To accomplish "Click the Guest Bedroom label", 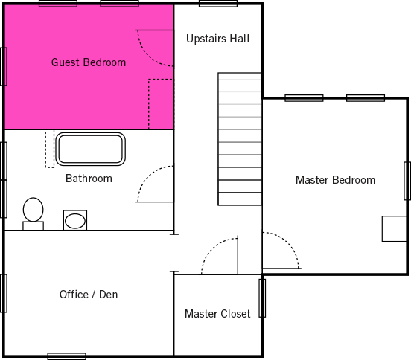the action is [x=89, y=62].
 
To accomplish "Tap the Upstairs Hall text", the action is [x=217, y=39].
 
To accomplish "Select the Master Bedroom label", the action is [x=335, y=180].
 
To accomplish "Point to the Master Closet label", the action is [x=217, y=314].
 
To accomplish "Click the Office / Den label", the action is [x=89, y=295].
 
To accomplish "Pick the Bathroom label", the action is [x=89, y=179].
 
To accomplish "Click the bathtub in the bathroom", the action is [x=90, y=149].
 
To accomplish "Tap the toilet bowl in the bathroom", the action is [x=33, y=210].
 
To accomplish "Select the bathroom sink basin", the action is [x=75, y=221].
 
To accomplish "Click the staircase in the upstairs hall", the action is [x=240, y=139].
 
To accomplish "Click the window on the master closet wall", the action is [x=262, y=298].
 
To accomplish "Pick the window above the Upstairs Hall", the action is [x=218, y=4].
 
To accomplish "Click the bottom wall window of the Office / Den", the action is [x=66, y=356].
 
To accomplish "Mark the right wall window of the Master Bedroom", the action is [x=407, y=181].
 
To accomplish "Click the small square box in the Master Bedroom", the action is [x=394, y=228].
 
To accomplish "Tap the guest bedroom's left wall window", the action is [x=4, y=66].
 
